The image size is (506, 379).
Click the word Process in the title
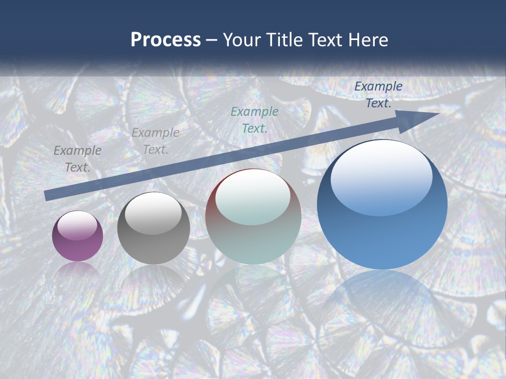166,39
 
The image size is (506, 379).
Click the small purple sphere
77,236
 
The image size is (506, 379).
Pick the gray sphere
153,228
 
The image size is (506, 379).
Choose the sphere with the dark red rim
254,216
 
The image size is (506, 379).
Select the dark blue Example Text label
378,95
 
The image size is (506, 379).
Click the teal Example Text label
255,119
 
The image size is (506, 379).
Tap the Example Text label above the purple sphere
77,158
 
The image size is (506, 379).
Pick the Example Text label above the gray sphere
155,141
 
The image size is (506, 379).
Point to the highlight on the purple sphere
77,225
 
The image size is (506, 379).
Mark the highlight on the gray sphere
153,213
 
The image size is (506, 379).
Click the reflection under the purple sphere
77,270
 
